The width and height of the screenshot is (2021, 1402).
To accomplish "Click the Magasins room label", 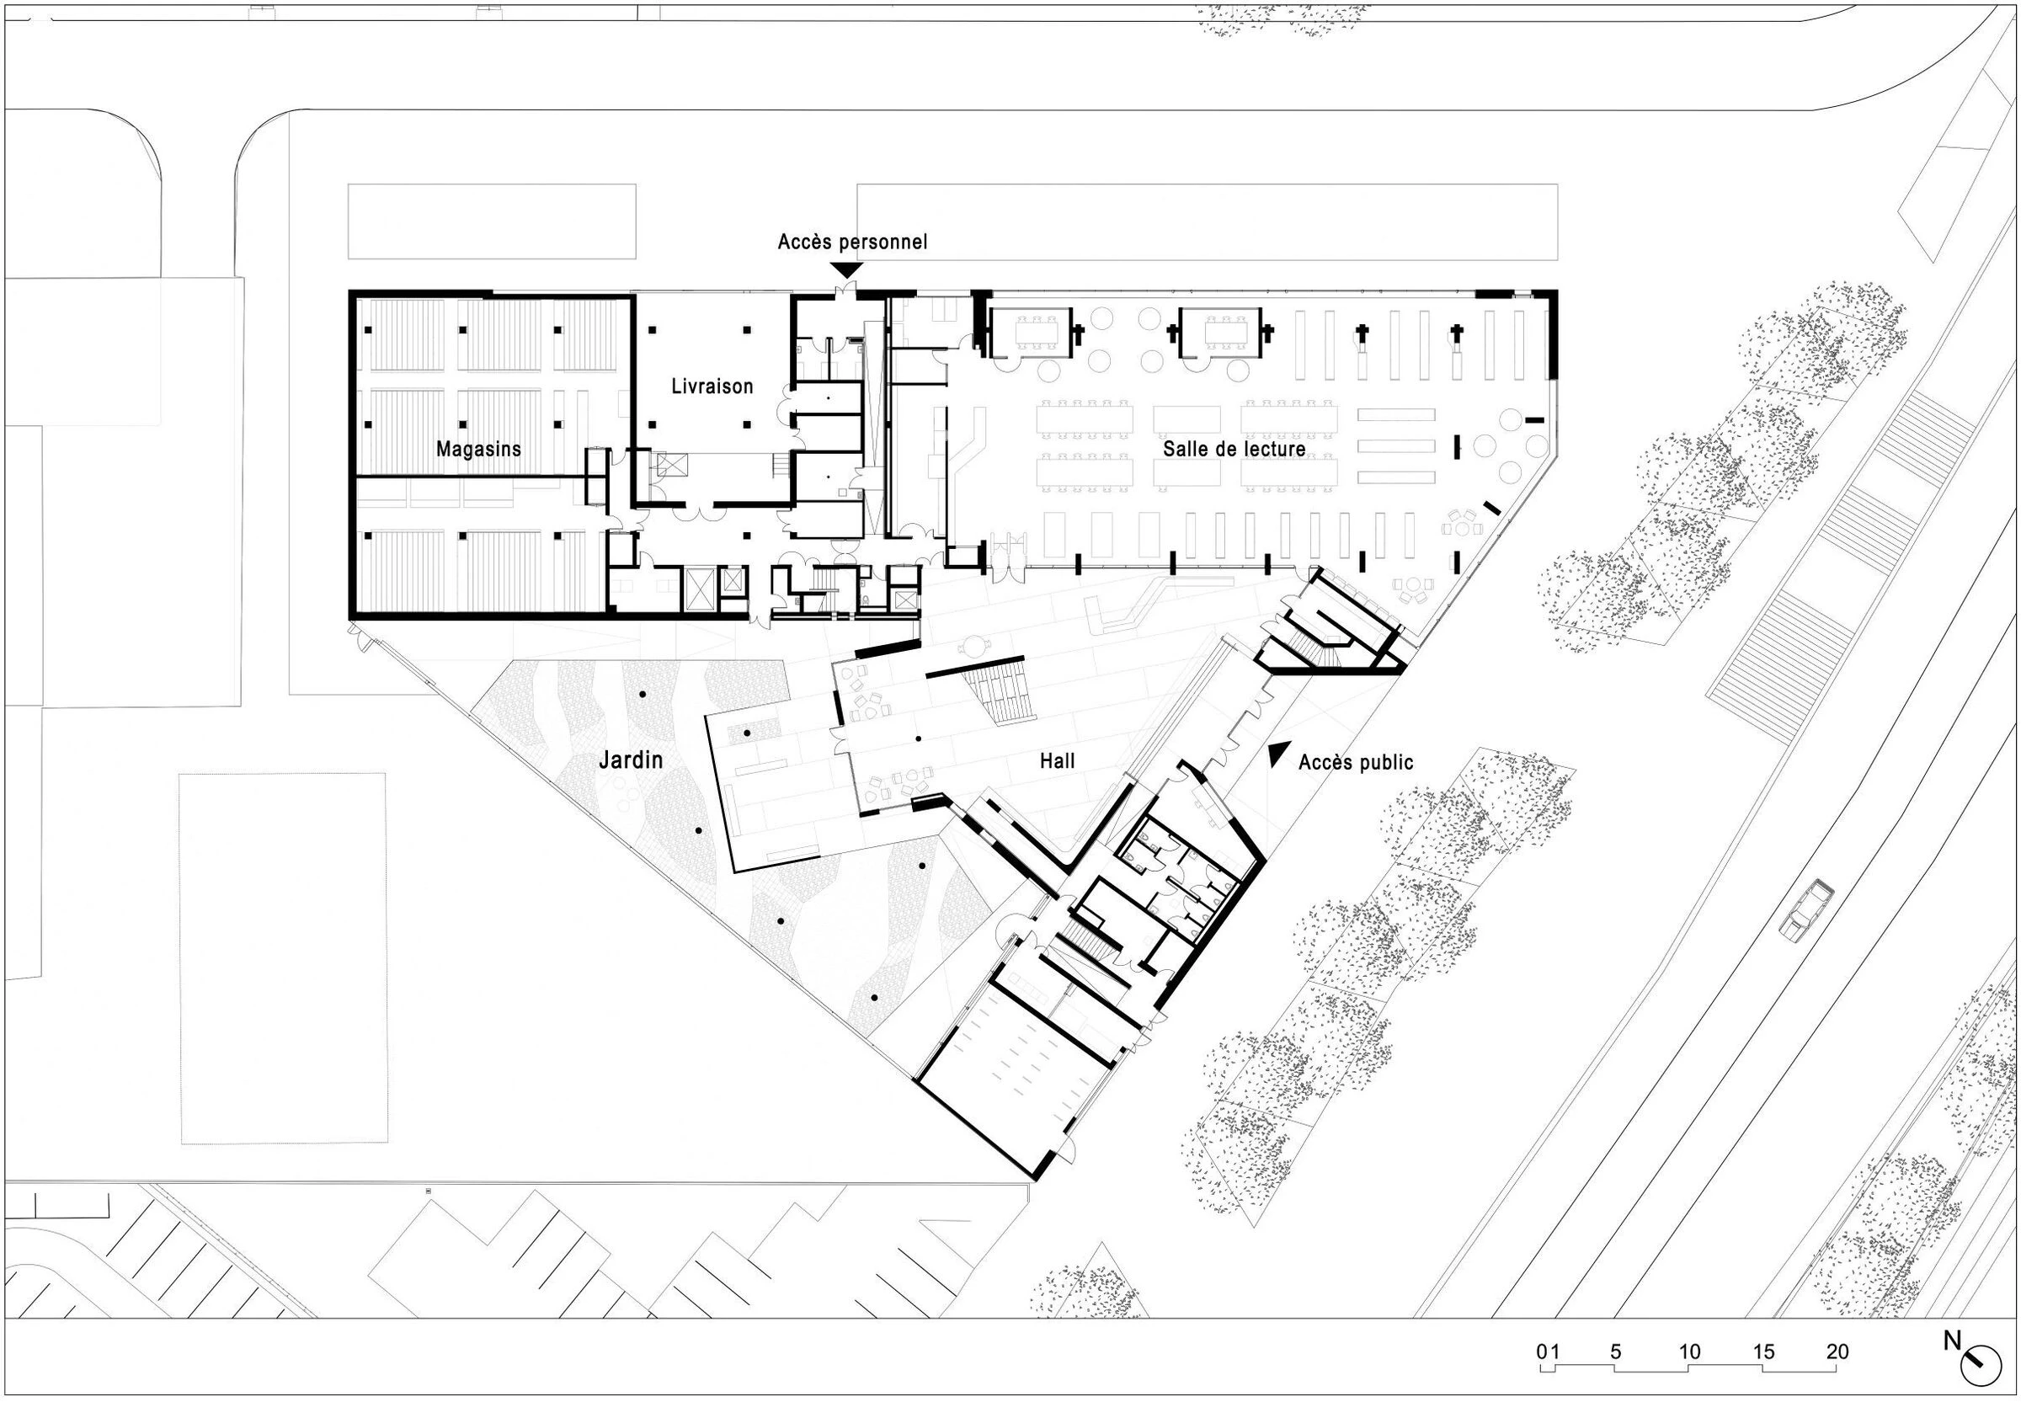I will pos(478,449).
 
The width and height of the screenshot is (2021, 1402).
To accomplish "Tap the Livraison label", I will pos(712,386).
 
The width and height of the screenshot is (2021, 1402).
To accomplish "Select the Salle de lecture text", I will pos(1233,449).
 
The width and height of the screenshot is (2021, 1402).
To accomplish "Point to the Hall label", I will pos(1057,760).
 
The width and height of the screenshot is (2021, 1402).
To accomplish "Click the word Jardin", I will pos(631,759).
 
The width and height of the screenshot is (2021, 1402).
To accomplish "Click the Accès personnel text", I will pos(852,242).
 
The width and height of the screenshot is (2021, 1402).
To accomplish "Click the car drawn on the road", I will pos(1805,909).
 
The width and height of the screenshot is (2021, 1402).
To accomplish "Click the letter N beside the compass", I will pos(1951,1341).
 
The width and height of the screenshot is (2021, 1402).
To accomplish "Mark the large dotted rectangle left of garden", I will pos(283,957).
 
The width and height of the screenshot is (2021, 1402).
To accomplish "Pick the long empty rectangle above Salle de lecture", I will pos(1206,221).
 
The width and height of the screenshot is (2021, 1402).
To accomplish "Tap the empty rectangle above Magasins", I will pos(491,221).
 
